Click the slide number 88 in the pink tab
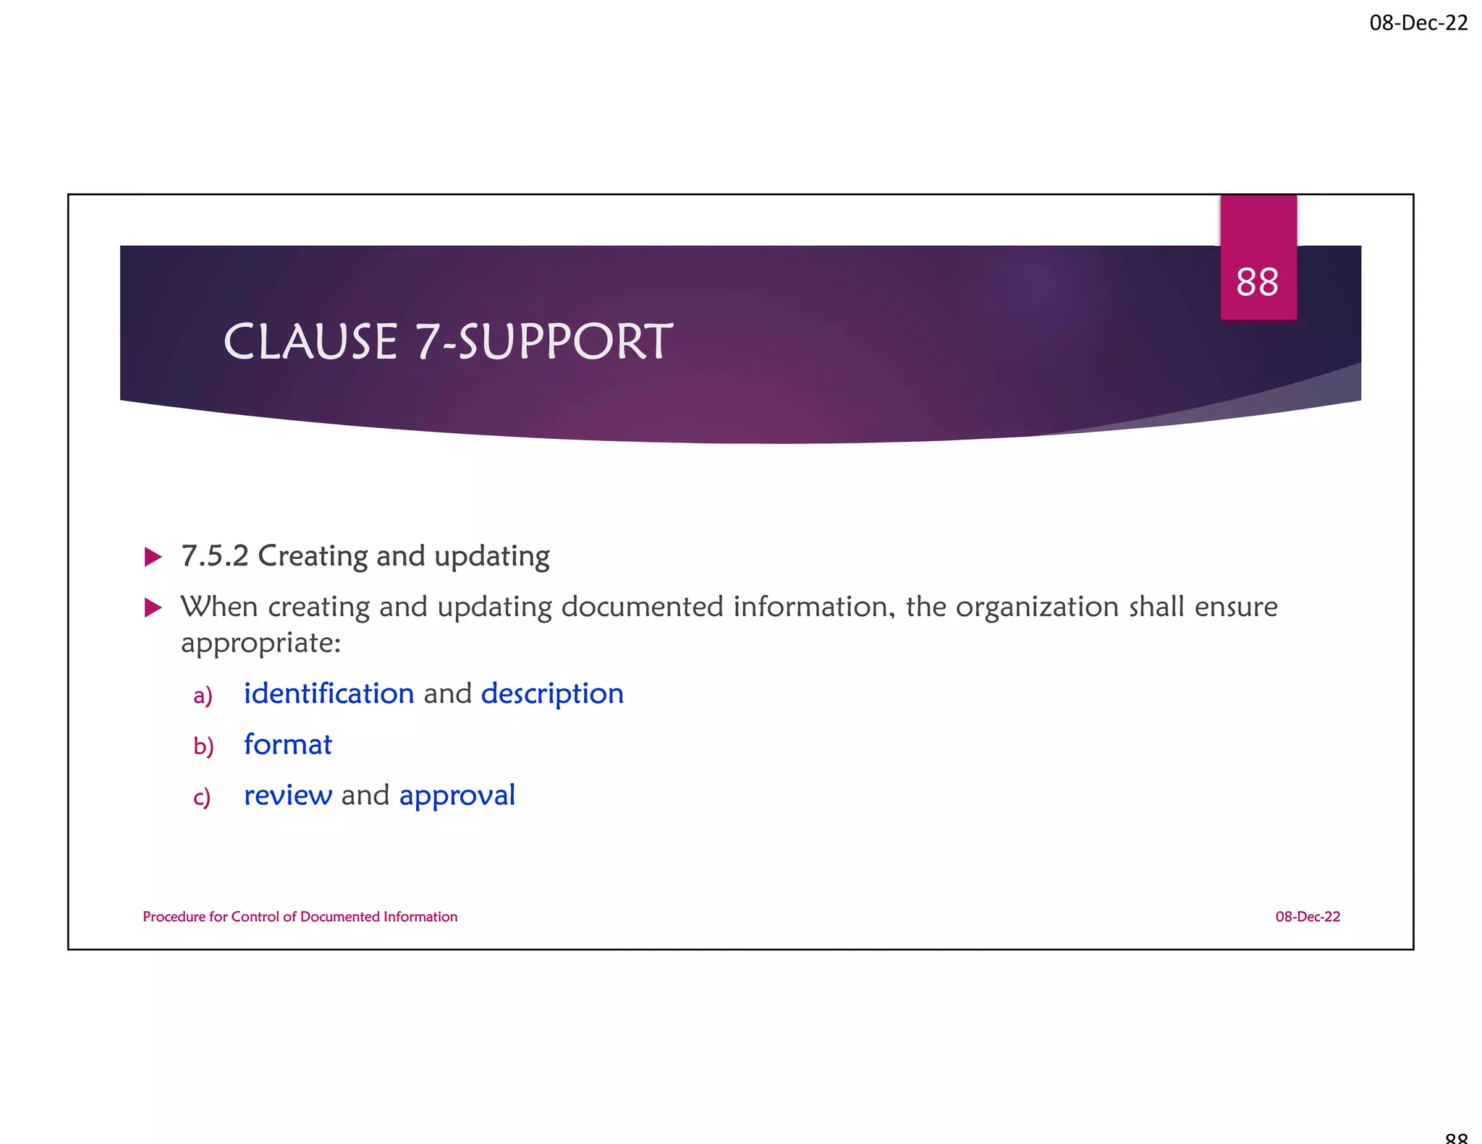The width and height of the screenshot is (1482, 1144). pos(1257,282)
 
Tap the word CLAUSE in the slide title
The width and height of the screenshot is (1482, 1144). pos(310,342)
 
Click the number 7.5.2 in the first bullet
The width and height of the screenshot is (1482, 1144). pos(214,556)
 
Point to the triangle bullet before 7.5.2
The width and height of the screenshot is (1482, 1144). pos(153,557)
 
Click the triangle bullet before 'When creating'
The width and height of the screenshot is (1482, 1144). pos(153,607)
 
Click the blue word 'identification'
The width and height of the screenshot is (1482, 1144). pos(329,693)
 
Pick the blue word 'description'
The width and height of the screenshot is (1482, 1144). pos(552,694)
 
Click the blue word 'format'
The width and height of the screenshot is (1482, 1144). pos(288,745)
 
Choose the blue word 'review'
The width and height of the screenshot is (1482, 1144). pos(288,795)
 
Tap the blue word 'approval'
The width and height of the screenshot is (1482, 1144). pos(457,796)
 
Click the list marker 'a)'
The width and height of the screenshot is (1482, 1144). pos(203,696)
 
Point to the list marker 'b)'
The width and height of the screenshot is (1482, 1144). pos(203,746)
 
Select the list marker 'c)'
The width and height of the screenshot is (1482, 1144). pos(202,798)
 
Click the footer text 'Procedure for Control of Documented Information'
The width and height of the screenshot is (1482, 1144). pos(300,917)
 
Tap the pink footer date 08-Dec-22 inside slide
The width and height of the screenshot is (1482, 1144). pos(1307,917)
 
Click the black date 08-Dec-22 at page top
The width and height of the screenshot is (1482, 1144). pos(1418,23)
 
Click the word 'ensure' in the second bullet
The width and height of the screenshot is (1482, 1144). pos(1236,607)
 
